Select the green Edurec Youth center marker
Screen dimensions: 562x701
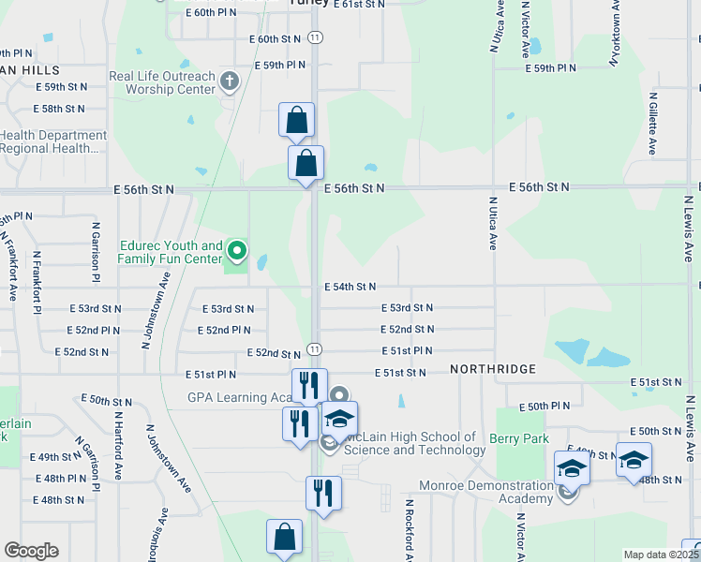pyautogui.click(x=237, y=250)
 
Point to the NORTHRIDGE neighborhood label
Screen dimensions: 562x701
pyautogui.click(x=492, y=369)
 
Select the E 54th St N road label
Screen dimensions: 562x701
pyautogui.click(x=350, y=287)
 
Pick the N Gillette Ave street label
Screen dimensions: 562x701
pyautogui.click(x=651, y=123)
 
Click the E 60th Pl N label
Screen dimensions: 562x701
pyautogui.click(x=212, y=13)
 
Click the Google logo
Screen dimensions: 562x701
pyautogui.click(x=31, y=551)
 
